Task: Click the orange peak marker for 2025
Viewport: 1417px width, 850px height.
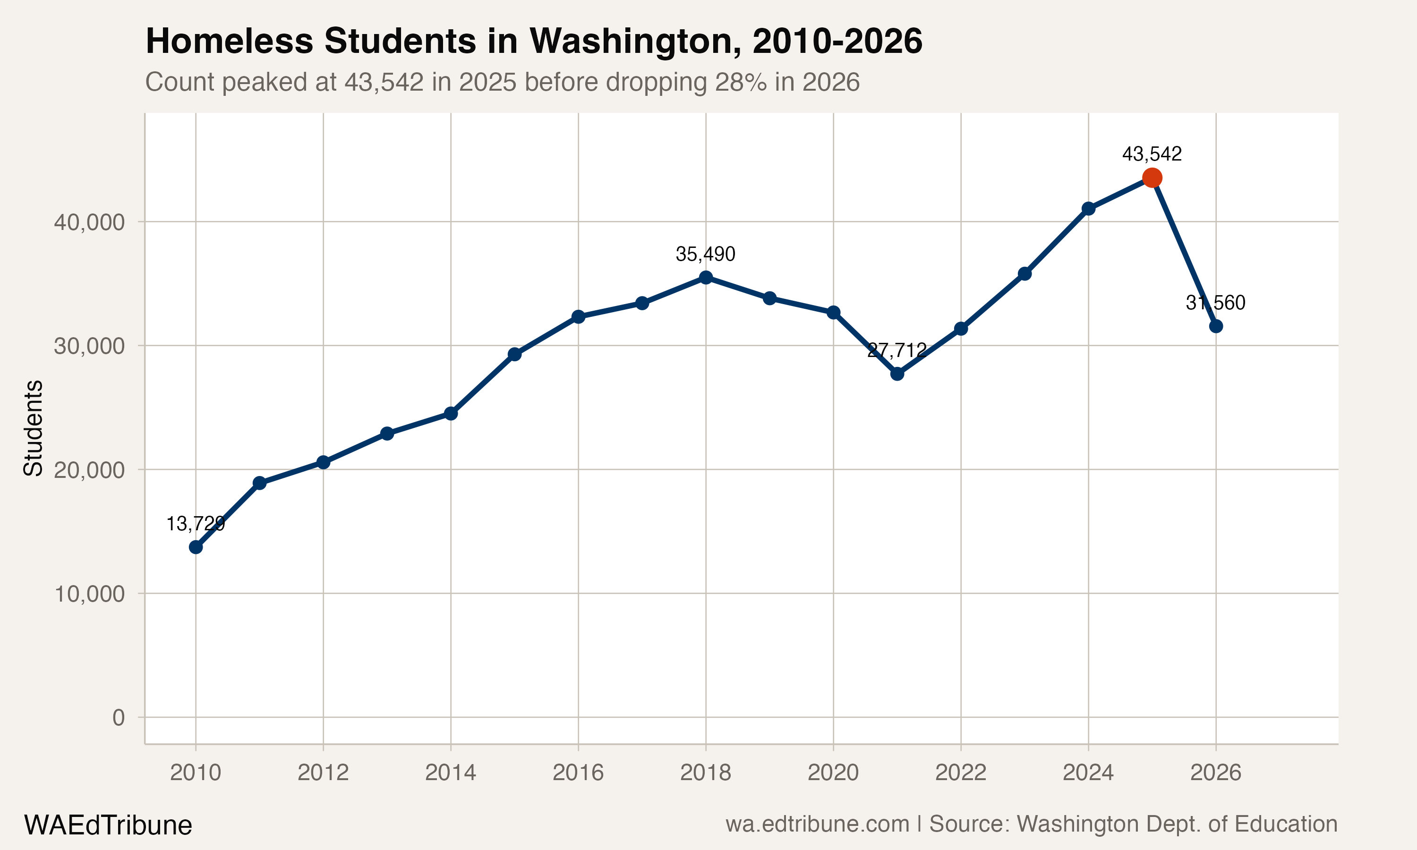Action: pos(1152,178)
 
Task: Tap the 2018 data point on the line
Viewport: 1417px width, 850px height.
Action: pos(706,277)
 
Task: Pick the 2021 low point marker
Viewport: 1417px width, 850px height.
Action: pos(897,374)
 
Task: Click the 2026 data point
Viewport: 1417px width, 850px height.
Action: pos(1215,326)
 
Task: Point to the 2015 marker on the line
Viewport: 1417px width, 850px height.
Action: pos(514,354)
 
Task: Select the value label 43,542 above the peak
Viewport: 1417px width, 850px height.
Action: pos(1152,154)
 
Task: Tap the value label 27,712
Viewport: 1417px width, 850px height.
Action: pos(897,350)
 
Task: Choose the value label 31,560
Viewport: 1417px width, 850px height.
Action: pos(1215,302)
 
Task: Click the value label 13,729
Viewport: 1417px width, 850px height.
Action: pos(196,524)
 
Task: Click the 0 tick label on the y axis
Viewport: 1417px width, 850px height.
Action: pos(119,717)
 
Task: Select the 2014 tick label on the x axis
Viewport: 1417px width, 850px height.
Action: pos(451,773)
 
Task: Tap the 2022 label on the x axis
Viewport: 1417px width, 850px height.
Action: pos(961,773)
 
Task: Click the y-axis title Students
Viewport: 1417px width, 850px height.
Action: pos(33,428)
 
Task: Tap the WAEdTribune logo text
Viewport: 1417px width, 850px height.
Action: pos(108,825)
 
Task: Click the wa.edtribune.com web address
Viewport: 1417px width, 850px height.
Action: pos(817,824)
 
